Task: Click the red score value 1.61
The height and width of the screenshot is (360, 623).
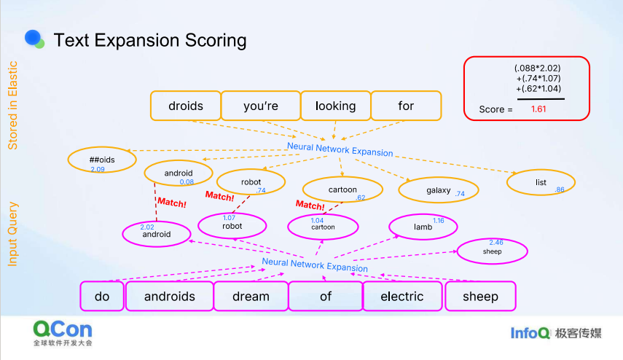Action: pos(538,109)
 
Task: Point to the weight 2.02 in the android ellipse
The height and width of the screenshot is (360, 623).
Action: pos(147,227)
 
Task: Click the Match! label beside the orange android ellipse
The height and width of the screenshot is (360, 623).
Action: pos(172,203)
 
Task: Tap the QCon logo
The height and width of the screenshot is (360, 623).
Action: pos(63,333)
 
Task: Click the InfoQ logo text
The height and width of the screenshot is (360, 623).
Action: pos(530,333)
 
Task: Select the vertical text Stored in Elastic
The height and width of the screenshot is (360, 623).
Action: pos(12,105)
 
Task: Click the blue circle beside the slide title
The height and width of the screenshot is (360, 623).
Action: pos(33,38)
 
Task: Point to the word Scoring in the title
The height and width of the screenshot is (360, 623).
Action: pos(216,41)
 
